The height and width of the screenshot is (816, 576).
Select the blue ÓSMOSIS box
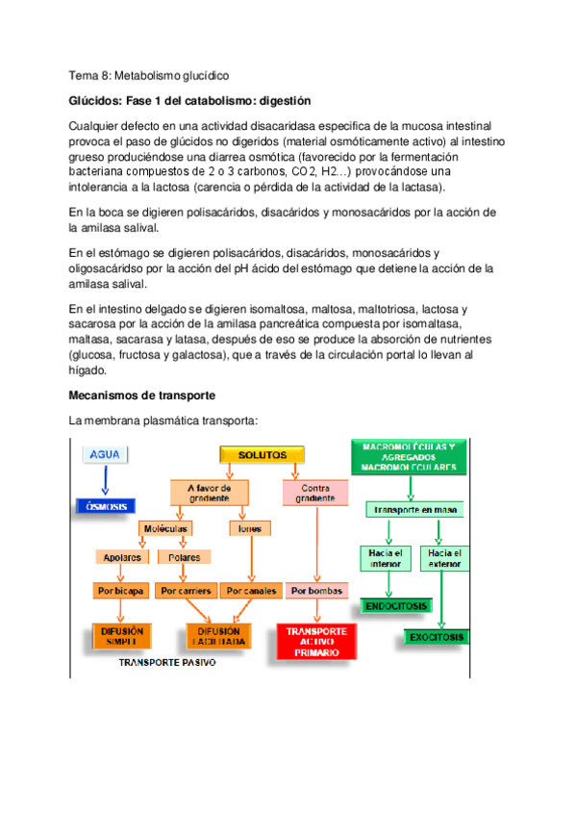coord(105,506)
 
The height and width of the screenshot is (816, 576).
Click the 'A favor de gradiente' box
coord(209,493)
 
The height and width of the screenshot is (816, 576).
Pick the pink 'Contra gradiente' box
coord(315,493)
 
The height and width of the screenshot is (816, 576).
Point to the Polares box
coord(184,557)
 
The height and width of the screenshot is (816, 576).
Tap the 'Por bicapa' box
coord(119,591)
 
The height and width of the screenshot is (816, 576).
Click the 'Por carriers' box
coord(187,591)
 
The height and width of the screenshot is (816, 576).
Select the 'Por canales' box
coord(251,591)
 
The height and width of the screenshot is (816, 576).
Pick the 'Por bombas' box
coord(315,591)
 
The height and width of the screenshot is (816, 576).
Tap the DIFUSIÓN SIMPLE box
coord(120,635)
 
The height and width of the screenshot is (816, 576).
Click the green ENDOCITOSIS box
coord(396,606)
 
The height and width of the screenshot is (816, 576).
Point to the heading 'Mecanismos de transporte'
coord(142,395)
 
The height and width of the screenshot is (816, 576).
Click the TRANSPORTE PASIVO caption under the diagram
coord(166,663)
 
